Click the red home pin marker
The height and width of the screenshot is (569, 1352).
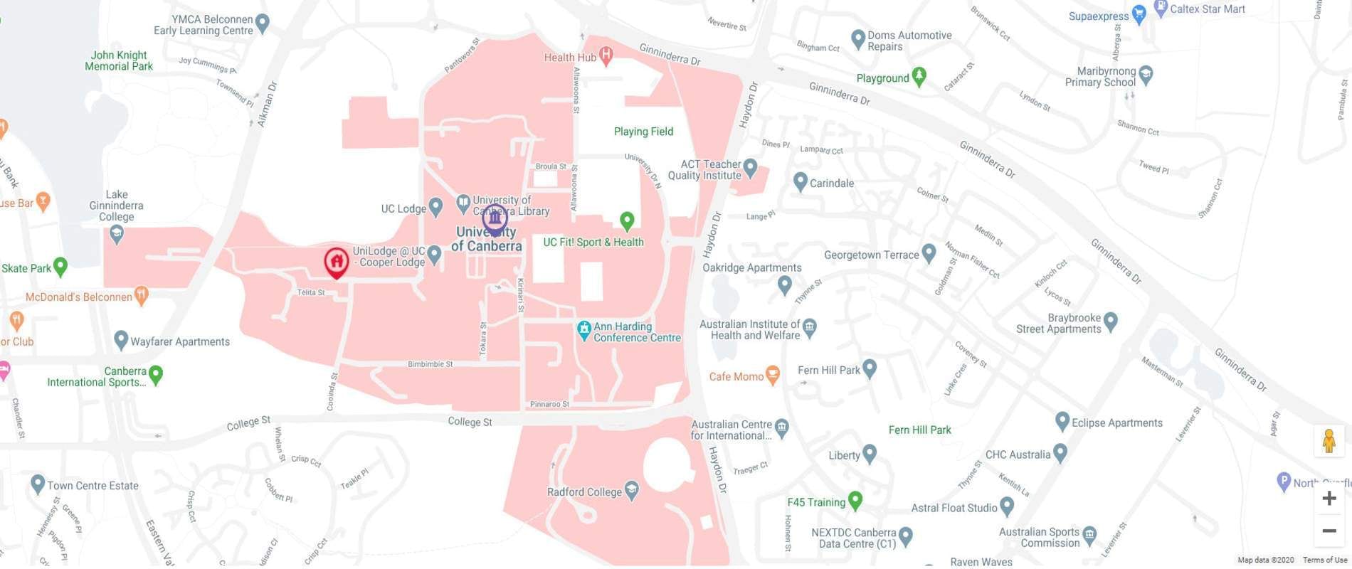coord(336,261)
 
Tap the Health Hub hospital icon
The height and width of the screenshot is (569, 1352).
coord(606,55)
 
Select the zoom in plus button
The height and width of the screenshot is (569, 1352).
coord(1329,499)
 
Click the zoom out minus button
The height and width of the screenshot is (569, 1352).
coord(1329,531)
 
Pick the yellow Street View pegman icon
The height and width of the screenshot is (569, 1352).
coord(1329,441)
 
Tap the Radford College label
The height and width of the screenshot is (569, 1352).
coord(585,491)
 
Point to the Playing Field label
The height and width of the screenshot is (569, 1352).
coord(643,132)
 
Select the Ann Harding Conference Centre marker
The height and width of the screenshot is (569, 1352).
coord(584,330)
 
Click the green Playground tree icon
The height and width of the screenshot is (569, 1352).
coord(919,76)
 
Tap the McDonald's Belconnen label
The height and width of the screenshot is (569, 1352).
coord(79,297)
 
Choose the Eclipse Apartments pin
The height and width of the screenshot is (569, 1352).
coord(1062,421)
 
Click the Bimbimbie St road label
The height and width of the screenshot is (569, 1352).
coord(430,364)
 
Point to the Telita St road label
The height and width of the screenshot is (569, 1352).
coord(311,292)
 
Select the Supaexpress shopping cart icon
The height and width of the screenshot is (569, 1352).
coord(1139,14)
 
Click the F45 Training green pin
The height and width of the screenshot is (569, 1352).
coord(856,501)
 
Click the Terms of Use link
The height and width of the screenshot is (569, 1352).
coord(1324,560)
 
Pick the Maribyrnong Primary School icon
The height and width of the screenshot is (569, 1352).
coord(1146,74)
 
